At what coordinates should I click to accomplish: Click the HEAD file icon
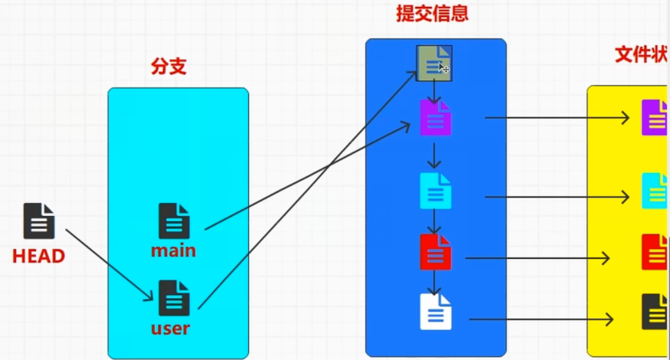pyautogui.click(x=39, y=221)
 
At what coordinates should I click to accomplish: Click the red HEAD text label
pyautogui.click(x=38, y=256)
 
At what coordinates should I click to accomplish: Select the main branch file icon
pyautogui.click(x=174, y=221)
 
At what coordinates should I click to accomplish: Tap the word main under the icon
pyautogui.click(x=173, y=250)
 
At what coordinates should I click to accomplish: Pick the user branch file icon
pyautogui.click(x=174, y=298)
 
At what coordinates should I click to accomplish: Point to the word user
pyautogui.click(x=171, y=329)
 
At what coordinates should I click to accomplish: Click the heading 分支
pyautogui.click(x=169, y=67)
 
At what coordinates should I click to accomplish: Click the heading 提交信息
pyautogui.click(x=431, y=14)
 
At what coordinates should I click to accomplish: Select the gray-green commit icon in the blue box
pyautogui.click(x=433, y=62)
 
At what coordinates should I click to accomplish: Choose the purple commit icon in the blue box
pyautogui.click(x=436, y=118)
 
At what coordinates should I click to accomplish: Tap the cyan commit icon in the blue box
pyautogui.click(x=436, y=191)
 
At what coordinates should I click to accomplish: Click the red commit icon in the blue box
pyautogui.click(x=436, y=252)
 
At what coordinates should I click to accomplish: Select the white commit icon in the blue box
pyautogui.click(x=436, y=312)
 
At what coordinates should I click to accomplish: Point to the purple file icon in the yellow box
pyautogui.click(x=655, y=117)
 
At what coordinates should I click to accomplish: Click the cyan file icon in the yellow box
pyautogui.click(x=655, y=191)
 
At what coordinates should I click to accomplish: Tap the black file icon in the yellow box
pyautogui.click(x=655, y=311)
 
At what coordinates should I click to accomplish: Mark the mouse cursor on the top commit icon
pyautogui.click(x=443, y=68)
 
